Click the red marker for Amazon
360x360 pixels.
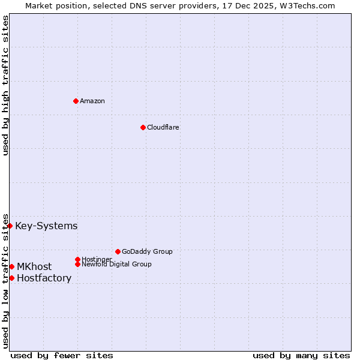tap(76, 101)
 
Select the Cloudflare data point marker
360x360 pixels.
tap(143, 127)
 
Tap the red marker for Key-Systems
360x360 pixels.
tap(10, 226)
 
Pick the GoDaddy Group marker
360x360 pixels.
tap(118, 251)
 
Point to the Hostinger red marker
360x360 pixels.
tap(77, 259)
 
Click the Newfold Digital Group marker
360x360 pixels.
tap(77, 264)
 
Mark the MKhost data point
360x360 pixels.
tap(11, 266)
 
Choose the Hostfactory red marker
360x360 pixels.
tap(11, 278)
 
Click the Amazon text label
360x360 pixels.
tap(92, 101)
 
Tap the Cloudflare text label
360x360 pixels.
tap(163, 127)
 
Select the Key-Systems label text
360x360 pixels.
tap(46, 226)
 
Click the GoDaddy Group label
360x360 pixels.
tap(147, 251)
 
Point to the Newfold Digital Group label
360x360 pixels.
tap(116, 264)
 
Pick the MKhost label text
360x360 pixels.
tap(34, 266)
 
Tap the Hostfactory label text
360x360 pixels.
tap(44, 278)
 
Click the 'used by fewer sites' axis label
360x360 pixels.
tap(62, 355)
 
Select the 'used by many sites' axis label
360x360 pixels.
tap(301, 355)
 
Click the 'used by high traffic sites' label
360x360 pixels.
tap(5, 85)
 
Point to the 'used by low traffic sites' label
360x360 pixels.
tap(5, 280)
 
